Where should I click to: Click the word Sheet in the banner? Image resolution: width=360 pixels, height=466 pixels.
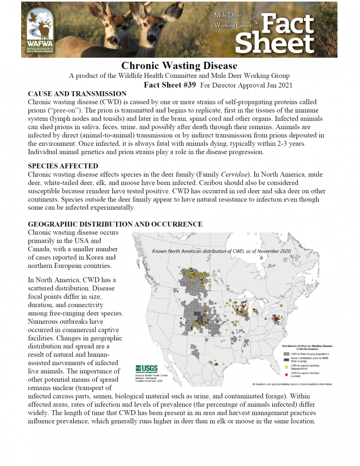[x=274, y=44]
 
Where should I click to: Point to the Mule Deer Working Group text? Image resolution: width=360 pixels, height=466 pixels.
[x=233, y=21]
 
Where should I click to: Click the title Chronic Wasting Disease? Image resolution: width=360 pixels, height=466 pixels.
[x=180, y=66]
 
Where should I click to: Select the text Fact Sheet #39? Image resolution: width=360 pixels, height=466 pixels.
[x=170, y=85]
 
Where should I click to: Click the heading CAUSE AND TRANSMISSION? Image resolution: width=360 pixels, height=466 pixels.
[x=77, y=94]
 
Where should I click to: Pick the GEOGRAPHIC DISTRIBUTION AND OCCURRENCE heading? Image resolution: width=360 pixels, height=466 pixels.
[x=115, y=224]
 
